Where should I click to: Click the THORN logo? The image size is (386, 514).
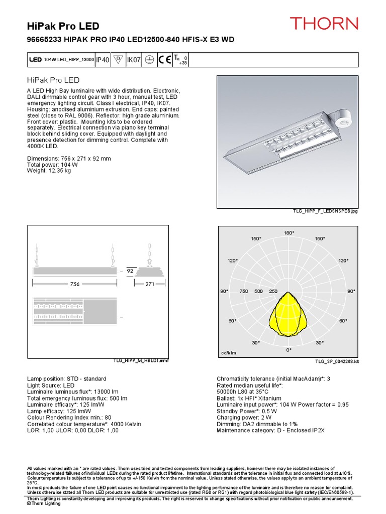click(324, 23)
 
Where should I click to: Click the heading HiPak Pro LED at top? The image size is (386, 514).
click(63, 26)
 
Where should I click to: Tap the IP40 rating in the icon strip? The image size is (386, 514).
click(103, 60)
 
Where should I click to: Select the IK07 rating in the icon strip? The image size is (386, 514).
click(134, 60)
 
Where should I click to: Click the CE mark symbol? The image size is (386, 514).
click(164, 60)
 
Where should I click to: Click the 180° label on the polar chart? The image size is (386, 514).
click(288, 233)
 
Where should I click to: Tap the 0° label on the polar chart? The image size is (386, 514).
click(288, 349)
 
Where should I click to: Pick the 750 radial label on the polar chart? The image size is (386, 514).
click(244, 291)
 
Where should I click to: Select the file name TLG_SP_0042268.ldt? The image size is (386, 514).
click(337, 361)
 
